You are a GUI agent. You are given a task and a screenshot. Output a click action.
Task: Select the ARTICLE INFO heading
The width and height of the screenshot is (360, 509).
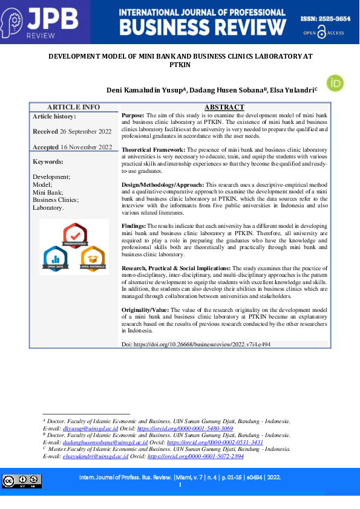[73, 107]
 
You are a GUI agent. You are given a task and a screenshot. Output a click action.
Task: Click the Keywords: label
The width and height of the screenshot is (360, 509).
[48, 161]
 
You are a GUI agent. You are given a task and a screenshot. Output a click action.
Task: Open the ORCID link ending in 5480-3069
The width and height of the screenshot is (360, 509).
[185, 428]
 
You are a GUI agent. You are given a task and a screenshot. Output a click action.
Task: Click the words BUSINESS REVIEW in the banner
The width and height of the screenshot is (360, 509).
[203, 28]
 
